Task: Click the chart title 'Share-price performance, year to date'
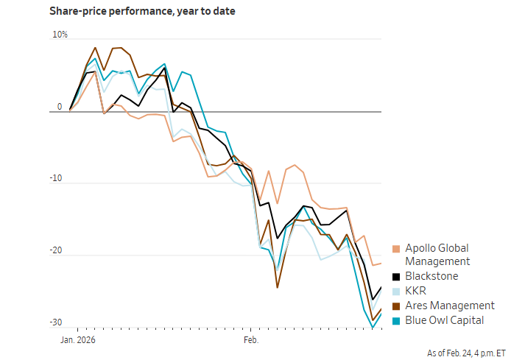coord(142,12)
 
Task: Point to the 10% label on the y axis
coord(60,35)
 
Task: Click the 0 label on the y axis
coord(60,107)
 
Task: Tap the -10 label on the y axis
coord(57,179)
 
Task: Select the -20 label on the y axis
coord(57,251)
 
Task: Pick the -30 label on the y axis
coord(57,322)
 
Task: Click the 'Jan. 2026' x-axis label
coord(77,341)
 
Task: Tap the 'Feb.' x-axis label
coord(251,341)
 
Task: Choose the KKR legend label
coord(415,291)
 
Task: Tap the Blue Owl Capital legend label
coord(444,320)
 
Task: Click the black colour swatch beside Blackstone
coord(397,277)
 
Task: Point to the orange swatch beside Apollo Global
coord(397,249)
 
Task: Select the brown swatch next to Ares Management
coord(397,306)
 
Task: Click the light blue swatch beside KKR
coord(397,292)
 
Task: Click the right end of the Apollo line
coord(381,264)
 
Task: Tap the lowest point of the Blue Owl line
coord(373,328)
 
